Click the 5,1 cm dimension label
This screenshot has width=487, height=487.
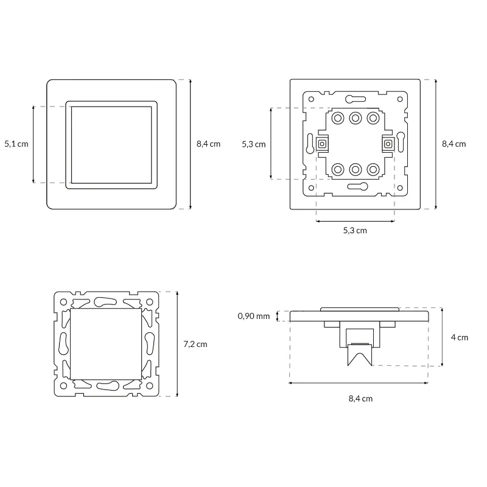16,144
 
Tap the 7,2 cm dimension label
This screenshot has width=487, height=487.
195,344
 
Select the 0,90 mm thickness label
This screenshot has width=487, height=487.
253,316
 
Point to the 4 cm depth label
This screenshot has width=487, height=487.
460,337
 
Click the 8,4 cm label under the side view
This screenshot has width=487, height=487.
360,399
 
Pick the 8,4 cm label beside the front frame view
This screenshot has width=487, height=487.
208,144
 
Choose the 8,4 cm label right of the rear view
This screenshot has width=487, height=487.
454,144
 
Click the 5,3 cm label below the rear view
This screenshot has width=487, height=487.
355,231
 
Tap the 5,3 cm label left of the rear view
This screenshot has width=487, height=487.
254,144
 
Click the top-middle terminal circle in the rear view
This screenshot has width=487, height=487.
356,118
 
